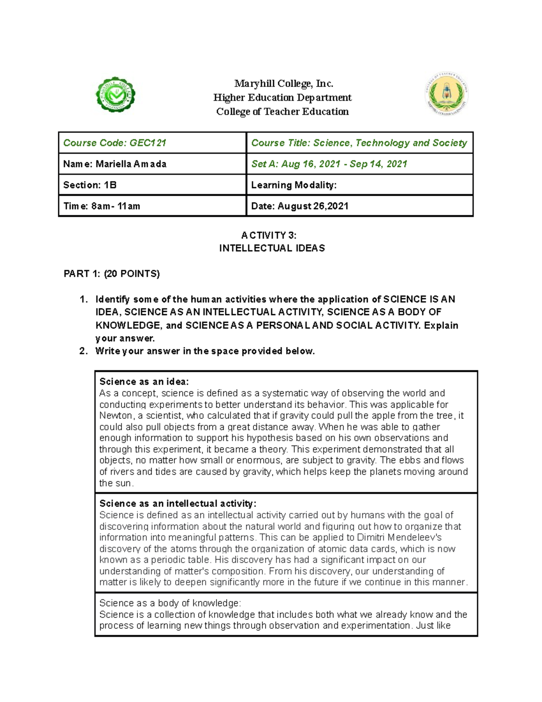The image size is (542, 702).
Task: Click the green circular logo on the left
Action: (x=116, y=95)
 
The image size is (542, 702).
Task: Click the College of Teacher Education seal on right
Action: (x=447, y=95)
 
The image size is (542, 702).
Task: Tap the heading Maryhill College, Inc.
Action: (x=283, y=84)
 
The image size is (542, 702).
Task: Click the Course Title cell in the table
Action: (x=359, y=143)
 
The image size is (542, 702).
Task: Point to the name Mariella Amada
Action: (x=131, y=164)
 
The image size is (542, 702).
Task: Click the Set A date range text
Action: (x=329, y=164)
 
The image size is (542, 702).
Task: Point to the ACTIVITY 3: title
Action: (x=269, y=235)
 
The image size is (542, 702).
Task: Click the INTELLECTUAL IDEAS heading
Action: (x=272, y=248)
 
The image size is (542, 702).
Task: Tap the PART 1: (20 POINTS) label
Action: (x=112, y=273)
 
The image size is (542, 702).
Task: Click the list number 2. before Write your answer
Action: (x=83, y=351)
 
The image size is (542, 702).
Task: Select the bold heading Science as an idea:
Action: (x=144, y=382)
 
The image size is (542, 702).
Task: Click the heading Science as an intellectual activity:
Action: (x=178, y=504)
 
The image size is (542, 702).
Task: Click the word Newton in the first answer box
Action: (x=116, y=415)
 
